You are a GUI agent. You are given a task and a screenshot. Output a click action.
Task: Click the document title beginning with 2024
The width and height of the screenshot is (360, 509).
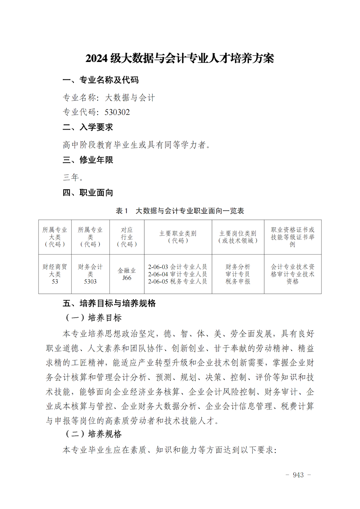coord(180,58)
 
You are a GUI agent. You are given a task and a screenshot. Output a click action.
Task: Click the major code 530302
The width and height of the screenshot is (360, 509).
coord(117,112)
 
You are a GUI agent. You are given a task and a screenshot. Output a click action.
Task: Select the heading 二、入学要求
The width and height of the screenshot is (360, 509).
coord(88,127)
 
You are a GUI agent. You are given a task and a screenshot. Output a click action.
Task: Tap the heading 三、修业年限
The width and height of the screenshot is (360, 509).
coord(88,160)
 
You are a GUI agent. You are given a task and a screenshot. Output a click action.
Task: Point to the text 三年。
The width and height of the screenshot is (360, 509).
coord(73,177)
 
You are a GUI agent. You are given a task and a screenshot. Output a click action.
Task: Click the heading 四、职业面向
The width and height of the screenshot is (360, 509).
coord(88,193)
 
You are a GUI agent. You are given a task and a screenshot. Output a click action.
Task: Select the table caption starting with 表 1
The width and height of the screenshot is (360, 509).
coord(180,211)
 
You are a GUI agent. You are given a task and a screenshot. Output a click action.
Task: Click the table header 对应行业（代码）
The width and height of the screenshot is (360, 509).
coord(127,237)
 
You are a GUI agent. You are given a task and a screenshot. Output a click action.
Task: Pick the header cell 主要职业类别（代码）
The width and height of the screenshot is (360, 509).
coord(178,237)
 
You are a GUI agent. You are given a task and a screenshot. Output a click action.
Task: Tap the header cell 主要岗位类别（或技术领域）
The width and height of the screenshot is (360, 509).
coord(238,237)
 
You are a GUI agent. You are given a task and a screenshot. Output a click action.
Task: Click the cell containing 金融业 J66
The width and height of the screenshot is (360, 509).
coord(127,274)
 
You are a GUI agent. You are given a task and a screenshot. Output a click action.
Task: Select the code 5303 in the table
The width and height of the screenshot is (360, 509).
coord(90,281)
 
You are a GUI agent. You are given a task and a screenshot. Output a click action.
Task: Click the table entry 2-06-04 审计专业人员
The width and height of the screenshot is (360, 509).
coord(177,274)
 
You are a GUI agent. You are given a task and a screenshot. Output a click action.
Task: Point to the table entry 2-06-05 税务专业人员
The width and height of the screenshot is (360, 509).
coord(177,281)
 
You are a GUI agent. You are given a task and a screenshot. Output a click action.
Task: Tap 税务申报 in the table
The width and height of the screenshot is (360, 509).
coord(238,281)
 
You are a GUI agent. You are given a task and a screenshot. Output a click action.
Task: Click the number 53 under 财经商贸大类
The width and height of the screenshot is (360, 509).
coord(55,281)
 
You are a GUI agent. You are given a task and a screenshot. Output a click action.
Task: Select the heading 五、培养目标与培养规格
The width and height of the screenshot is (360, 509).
coord(109,303)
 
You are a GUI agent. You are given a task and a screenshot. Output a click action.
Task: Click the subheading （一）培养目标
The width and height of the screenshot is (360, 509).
coord(94,318)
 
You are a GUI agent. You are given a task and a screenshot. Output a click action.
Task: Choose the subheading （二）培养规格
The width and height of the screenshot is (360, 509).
coord(94,434)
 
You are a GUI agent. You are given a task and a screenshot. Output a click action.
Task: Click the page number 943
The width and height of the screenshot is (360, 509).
coord(298,475)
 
